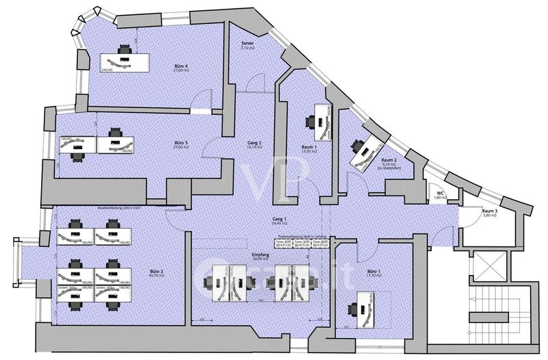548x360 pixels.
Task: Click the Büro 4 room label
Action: click(x=182, y=66)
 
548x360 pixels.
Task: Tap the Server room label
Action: click(x=248, y=43)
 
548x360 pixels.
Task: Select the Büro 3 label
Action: click(x=182, y=143)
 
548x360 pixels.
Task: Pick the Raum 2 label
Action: click(x=390, y=160)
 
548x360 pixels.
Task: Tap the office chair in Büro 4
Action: click(x=125, y=49)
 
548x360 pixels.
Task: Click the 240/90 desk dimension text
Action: click(x=107, y=70)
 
